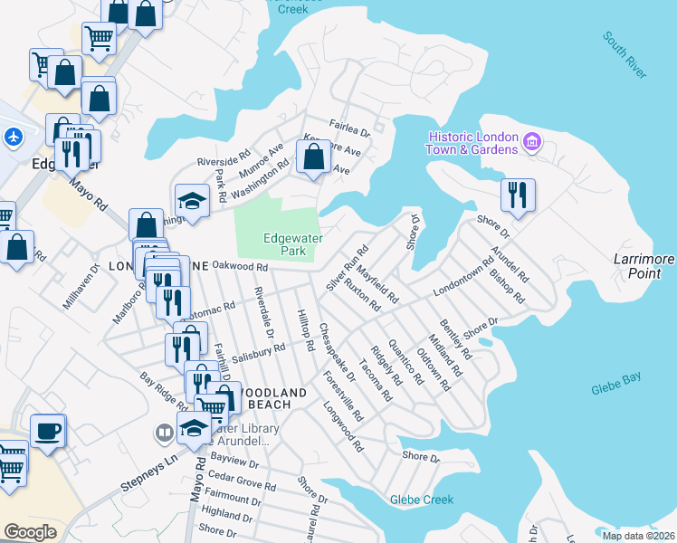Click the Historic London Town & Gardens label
tap(473, 143)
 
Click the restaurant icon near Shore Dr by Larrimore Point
tap(518, 195)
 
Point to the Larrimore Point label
tap(644, 266)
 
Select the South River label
tap(625, 56)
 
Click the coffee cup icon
tap(48, 430)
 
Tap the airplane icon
tap(13, 138)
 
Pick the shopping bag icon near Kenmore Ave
tap(313, 157)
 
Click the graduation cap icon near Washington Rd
tap(192, 199)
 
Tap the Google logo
tap(31, 532)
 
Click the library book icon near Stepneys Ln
tap(165, 433)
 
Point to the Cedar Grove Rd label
tap(242, 481)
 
